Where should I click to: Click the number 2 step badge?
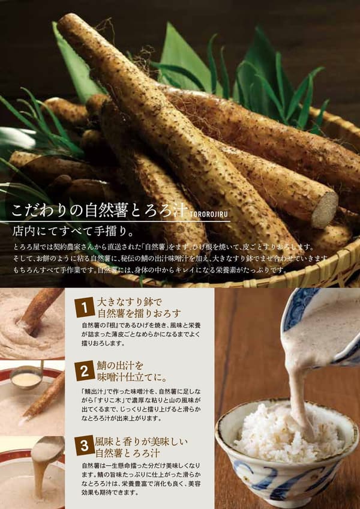coord(85,371)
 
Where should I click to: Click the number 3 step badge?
coord(85,446)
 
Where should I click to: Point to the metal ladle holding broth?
coord(26,378)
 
